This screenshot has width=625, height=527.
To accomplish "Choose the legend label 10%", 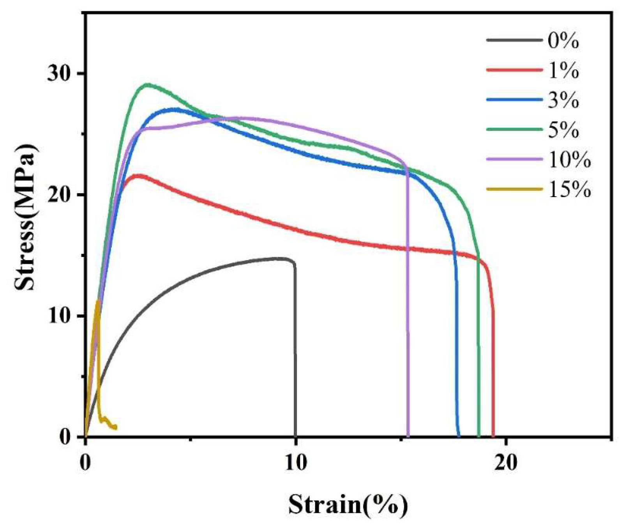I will (x=569, y=160).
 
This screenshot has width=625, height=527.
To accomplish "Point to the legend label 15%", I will (x=569, y=190).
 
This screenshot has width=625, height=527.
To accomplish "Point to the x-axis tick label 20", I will (x=506, y=462).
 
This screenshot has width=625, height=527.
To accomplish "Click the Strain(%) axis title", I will (x=348, y=504).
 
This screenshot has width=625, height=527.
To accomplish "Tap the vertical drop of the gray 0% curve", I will (x=295, y=351).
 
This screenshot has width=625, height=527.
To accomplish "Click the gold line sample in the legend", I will (x=514, y=189).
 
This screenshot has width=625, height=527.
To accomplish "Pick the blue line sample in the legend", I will (x=514, y=100).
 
